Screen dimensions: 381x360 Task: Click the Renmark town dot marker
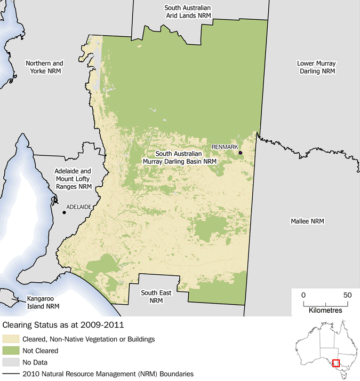click(241, 153)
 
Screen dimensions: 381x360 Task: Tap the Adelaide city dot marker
click(65, 212)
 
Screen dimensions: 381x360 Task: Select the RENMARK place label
click(224, 146)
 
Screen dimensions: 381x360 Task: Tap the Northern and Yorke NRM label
click(44, 67)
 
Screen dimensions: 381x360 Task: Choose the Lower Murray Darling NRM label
click(316, 67)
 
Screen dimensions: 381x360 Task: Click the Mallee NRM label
click(307, 221)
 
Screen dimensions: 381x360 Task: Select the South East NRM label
click(156, 297)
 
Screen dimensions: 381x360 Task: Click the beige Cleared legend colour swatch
click(11, 339)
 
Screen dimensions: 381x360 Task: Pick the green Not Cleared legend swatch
click(11, 351)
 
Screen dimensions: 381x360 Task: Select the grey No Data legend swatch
click(11, 362)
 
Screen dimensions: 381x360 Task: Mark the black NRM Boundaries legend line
click(11, 374)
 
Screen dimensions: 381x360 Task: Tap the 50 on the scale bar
click(347, 295)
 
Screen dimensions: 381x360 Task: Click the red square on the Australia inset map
click(335, 363)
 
